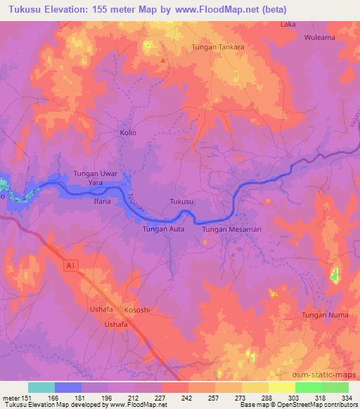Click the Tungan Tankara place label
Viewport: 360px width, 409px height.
point(218,48)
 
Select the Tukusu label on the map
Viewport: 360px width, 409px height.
point(182,202)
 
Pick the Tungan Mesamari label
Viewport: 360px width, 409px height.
point(231,229)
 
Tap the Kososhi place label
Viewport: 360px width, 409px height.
point(137,310)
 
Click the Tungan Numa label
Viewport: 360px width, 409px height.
point(325,315)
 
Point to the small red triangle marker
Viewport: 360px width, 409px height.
point(163,60)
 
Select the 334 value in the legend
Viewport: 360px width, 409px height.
point(347,398)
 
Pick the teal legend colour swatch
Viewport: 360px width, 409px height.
point(41,387)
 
